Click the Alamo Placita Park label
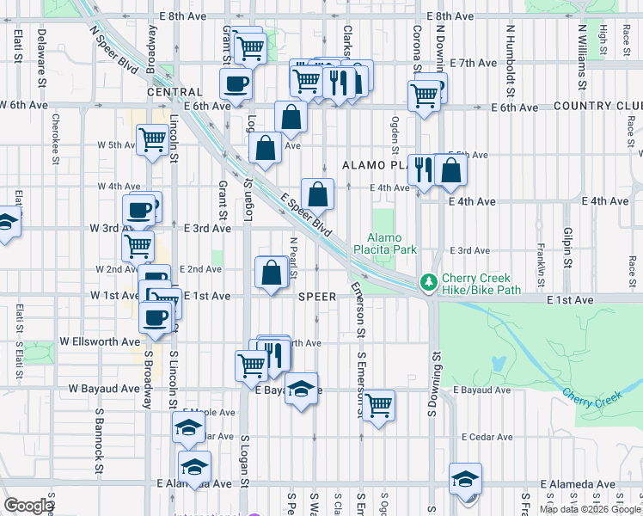(x=392, y=243)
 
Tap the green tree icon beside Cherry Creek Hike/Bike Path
(x=428, y=282)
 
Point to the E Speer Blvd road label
(x=307, y=215)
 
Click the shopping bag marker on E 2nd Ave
(x=272, y=273)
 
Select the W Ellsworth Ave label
(x=100, y=341)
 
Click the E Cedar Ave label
(x=487, y=437)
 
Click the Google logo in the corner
(x=28, y=507)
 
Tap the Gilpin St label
(x=567, y=246)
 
